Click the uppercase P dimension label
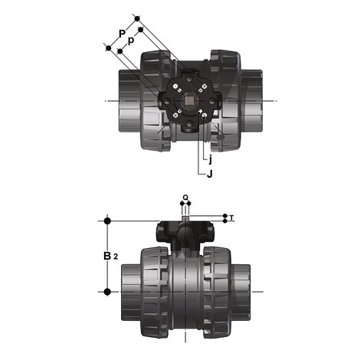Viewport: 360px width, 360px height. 121,33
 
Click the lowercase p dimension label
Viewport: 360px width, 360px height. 132,40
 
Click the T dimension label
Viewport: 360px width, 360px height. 232,218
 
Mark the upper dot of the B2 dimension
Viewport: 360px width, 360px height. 106,221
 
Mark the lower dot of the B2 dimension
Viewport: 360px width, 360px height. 106,292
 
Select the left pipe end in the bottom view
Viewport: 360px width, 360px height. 128,292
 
